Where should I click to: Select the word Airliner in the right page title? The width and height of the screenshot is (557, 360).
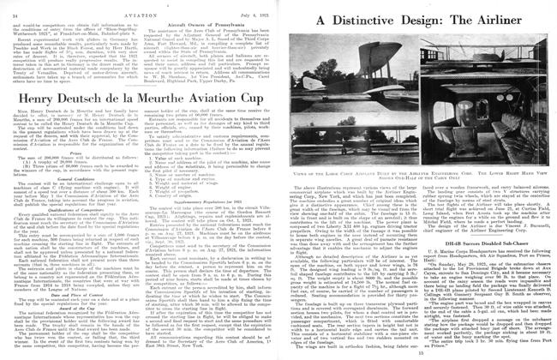[510, 18]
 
